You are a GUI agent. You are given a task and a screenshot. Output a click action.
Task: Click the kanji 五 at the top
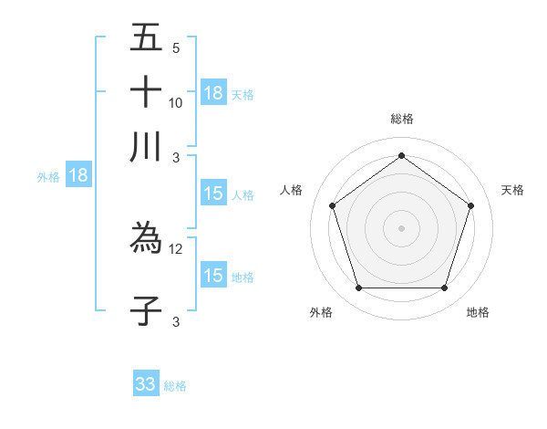pyautogui.click(x=146, y=38)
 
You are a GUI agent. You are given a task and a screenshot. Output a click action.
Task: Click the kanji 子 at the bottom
pyautogui.click(x=146, y=310)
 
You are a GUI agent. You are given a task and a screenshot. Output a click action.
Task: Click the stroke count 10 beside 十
pyautogui.click(x=176, y=103)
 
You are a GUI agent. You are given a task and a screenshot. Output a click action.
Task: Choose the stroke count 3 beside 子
pyautogui.click(x=176, y=321)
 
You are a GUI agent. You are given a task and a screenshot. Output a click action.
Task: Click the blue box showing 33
pyautogui.click(x=146, y=384)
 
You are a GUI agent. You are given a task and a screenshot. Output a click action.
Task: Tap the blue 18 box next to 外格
pyautogui.click(x=78, y=176)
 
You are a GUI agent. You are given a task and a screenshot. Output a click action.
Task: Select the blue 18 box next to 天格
pyautogui.click(x=213, y=93)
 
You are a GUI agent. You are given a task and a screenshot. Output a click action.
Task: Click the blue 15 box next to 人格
pyautogui.click(x=213, y=194)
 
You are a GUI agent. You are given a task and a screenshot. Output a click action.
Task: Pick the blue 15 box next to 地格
pyautogui.click(x=213, y=276)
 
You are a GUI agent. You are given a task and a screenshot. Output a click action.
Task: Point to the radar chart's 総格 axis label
pyautogui.click(x=401, y=119)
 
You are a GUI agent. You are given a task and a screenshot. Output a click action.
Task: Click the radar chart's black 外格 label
pyautogui.click(x=321, y=313)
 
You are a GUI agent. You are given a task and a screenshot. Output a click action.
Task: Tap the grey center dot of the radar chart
pyautogui.click(x=401, y=227)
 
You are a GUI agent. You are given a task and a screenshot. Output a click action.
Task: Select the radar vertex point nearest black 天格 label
pyautogui.click(x=470, y=205)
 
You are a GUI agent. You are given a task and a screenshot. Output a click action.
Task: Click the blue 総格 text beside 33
pyautogui.click(x=175, y=386)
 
